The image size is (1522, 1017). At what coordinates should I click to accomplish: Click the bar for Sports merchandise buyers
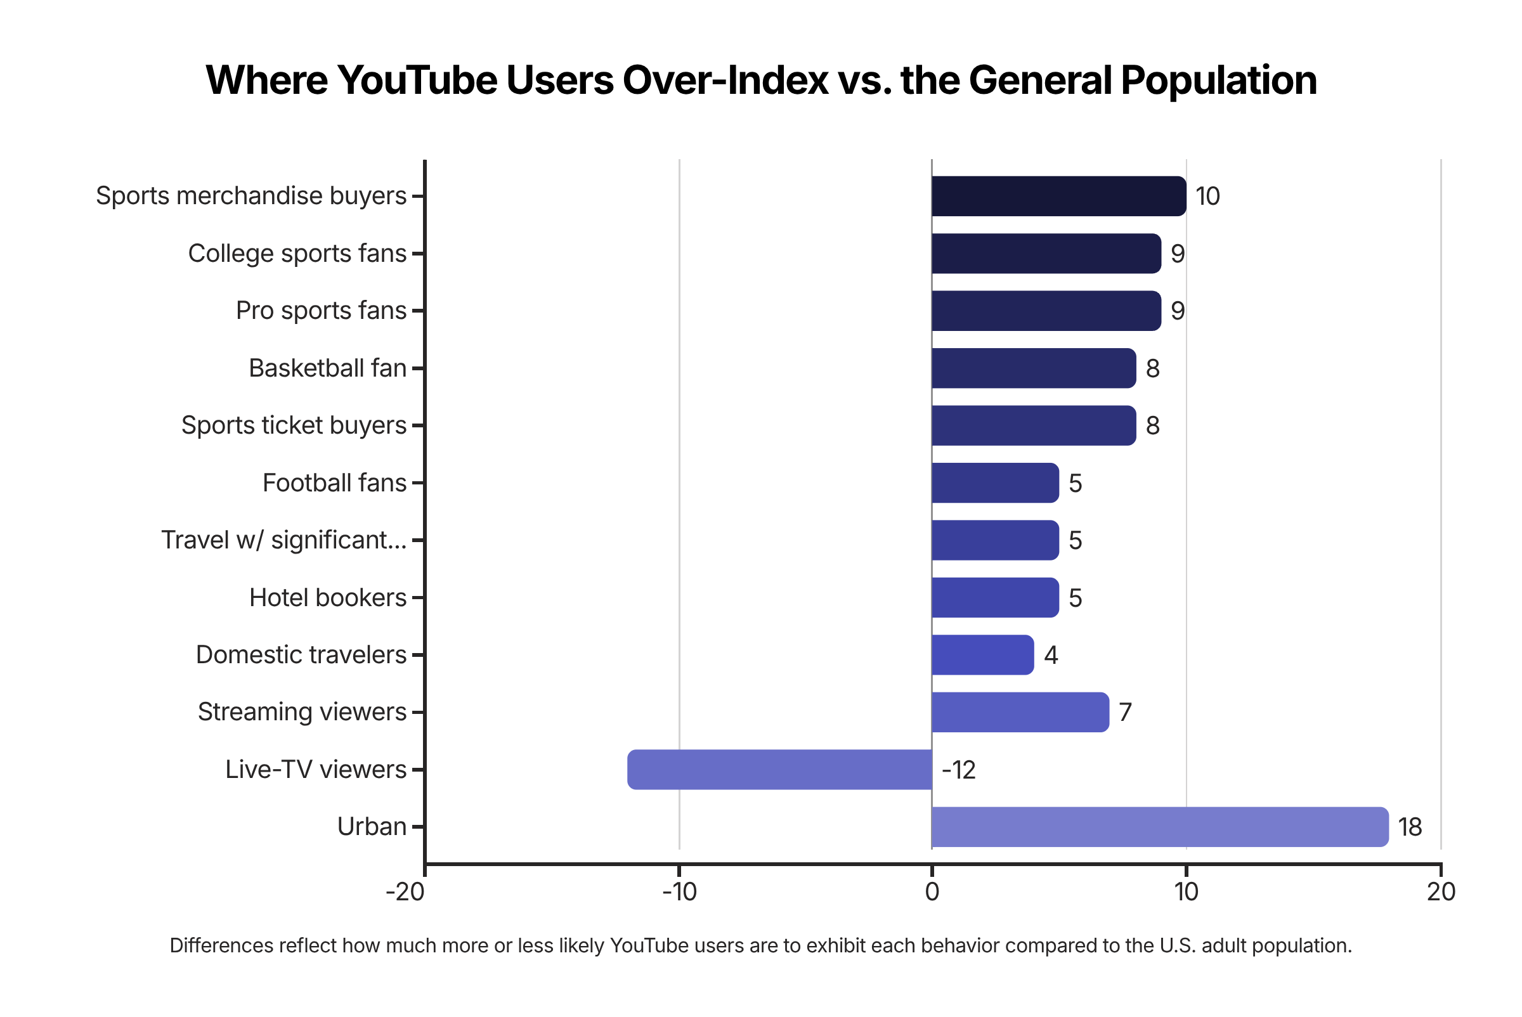click(x=1058, y=196)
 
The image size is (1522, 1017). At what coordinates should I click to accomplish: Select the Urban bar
click(x=1159, y=827)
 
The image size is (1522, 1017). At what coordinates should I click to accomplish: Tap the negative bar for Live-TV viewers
click(x=779, y=770)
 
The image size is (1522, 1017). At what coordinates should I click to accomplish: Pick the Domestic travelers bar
click(x=982, y=655)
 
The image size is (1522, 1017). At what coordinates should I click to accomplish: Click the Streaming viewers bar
click(x=1020, y=712)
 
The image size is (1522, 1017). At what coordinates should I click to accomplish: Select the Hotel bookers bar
click(x=994, y=597)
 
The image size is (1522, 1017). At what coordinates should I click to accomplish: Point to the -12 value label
click(x=958, y=770)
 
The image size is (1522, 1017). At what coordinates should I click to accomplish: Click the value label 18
click(x=1410, y=827)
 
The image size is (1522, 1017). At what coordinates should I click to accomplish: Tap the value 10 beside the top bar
click(x=1207, y=197)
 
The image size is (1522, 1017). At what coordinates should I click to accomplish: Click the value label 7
click(x=1126, y=713)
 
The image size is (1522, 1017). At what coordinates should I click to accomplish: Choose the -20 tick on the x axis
click(x=405, y=893)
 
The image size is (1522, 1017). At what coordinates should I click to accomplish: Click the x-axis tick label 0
click(x=932, y=893)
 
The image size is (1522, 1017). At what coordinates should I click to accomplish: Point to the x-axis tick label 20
click(x=1441, y=893)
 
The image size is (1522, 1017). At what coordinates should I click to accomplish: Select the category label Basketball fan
click(x=328, y=368)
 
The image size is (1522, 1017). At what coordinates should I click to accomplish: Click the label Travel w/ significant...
click(x=284, y=540)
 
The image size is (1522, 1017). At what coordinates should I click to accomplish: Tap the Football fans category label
click(x=334, y=483)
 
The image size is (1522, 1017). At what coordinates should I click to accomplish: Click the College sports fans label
click(x=297, y=254)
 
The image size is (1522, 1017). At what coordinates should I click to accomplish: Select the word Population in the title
click(x=1218, y=81)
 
